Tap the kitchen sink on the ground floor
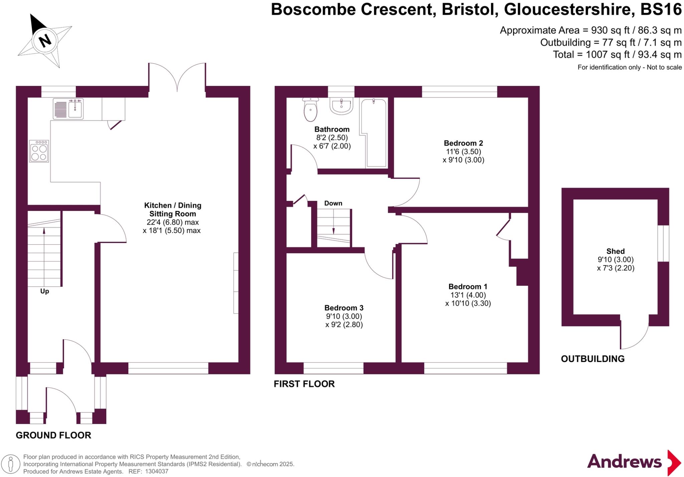click(x=68, y=109)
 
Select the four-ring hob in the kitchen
click(x=39, y=151)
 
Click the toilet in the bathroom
click(x=310, y=109)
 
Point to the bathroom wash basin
click(x=341, y=106)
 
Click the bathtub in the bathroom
click(x=373, y=132)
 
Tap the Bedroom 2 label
click(x=463, y=143)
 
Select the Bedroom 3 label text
click(x=344, y=308)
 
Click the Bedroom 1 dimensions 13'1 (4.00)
click(x=468, y=295)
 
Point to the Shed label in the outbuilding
click(x=615, y=251)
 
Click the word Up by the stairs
click(x=44, y=291)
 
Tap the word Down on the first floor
click(x=333, y=203)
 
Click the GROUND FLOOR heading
click(x=53, y=435)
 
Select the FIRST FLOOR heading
click(x=304, y=384)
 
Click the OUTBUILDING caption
click(x=592, y=359)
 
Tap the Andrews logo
click(x=634, y=462)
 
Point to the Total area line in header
click(x=617, y=54)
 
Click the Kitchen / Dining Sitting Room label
click(x=172, y=210)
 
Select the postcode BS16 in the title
click(x=661, y=9)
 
